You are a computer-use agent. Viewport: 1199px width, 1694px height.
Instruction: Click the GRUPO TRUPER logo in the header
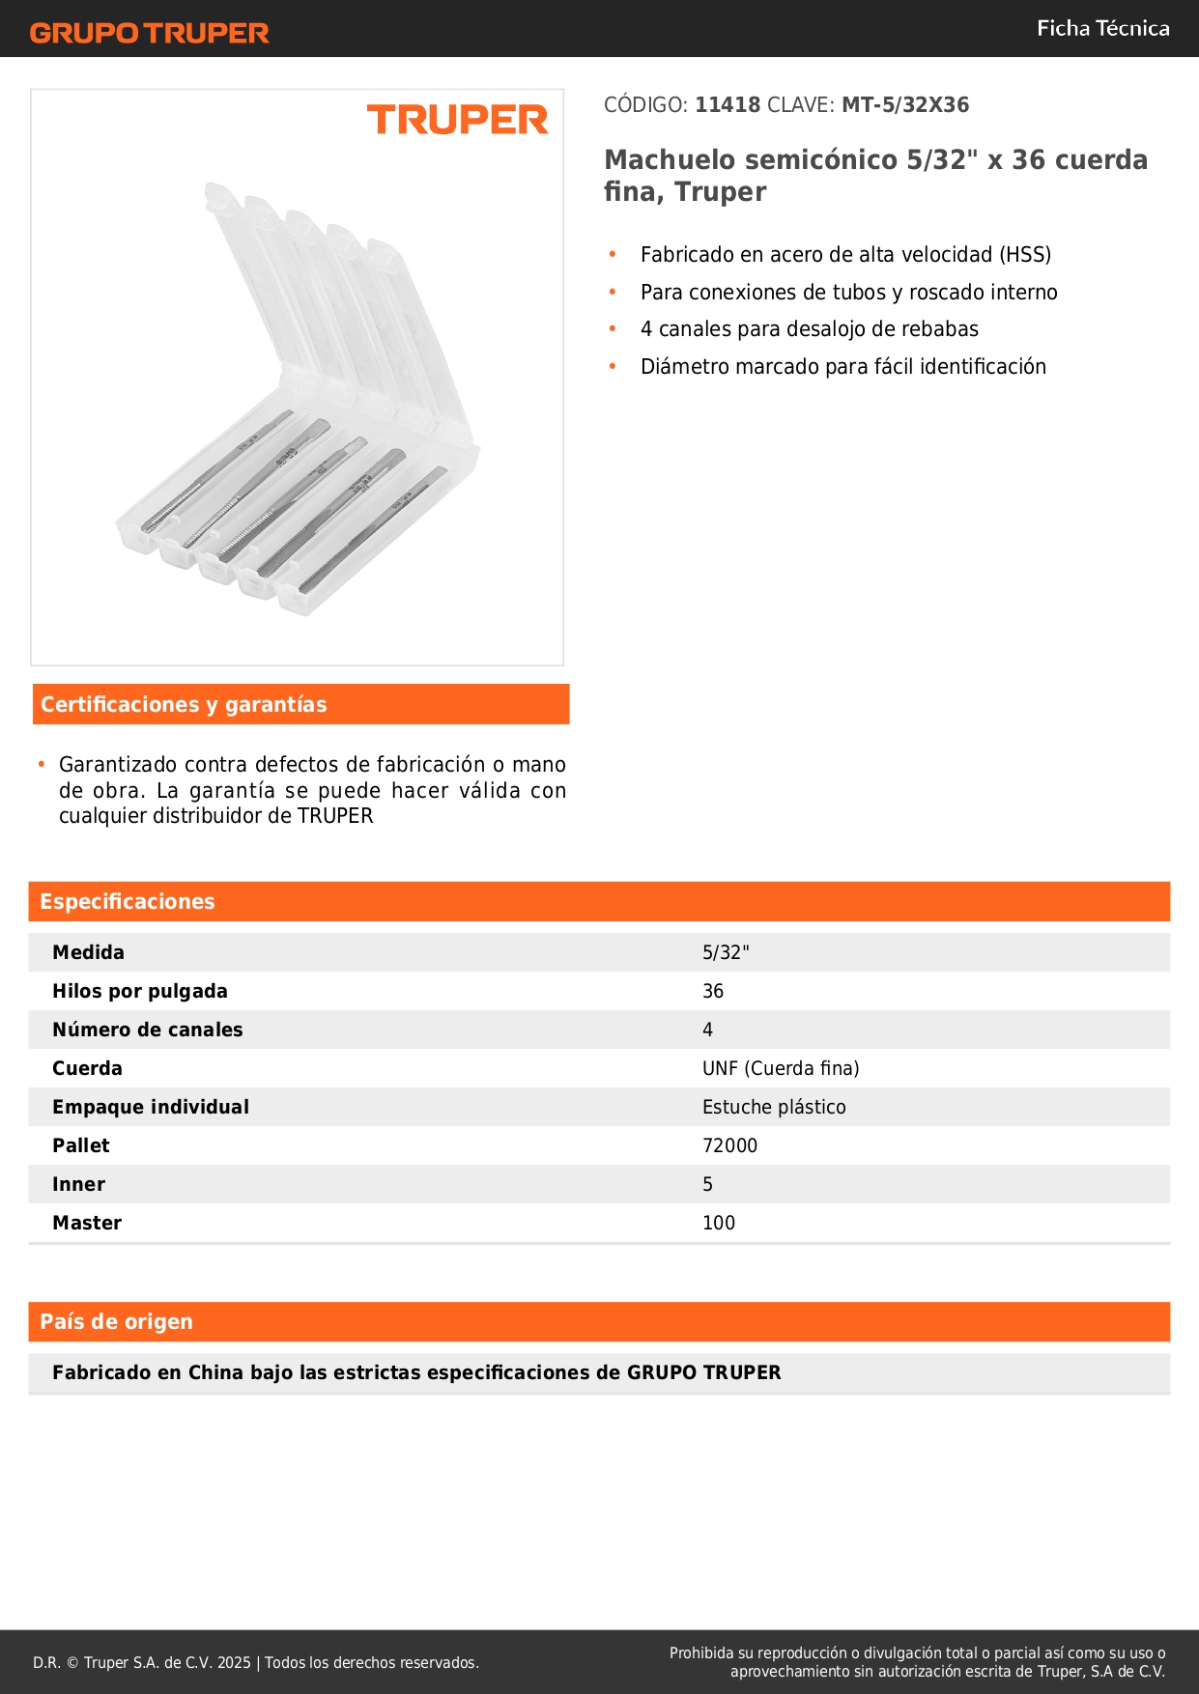(x=149, y=33)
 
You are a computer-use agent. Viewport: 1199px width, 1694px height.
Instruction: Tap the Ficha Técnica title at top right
(x=1102, y=28)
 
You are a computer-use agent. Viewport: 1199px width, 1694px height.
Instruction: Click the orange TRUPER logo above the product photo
(x=457, y=120)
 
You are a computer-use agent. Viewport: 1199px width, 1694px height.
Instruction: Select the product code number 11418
(x=728, y=105)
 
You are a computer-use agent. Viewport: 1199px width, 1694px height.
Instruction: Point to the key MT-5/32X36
(x=904, y=105)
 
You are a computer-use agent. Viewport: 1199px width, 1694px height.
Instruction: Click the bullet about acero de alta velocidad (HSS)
(x=845, y=255)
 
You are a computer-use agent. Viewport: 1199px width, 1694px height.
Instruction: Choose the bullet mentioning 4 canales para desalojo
(x=809, y=329)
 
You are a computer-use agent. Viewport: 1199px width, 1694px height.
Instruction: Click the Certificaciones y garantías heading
(x=184, y=705)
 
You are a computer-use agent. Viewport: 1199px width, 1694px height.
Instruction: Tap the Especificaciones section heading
(x=128, y=902)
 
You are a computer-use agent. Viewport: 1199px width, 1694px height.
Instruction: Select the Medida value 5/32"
(x=726, y=953)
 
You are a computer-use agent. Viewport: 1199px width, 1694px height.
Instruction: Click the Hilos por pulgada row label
(x=140, y=992)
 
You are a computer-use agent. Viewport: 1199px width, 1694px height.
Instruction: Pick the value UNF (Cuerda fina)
(x=780, y=1069)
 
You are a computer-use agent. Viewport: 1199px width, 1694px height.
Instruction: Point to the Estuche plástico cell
(x=773, y=1108)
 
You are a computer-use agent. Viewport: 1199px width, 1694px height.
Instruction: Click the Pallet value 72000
(x=729, y=1146)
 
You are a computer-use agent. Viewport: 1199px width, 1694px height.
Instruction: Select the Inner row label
(x=78, y=1185)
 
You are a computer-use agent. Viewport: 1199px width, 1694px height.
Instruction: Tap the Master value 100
(x=718, y=1224)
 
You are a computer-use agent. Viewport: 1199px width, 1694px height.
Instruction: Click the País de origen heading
(x=116, y=1322)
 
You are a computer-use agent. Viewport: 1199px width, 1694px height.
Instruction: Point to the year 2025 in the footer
(x=234, y=1663)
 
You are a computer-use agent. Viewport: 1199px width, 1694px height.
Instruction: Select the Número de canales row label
(x=147, y=1031)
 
